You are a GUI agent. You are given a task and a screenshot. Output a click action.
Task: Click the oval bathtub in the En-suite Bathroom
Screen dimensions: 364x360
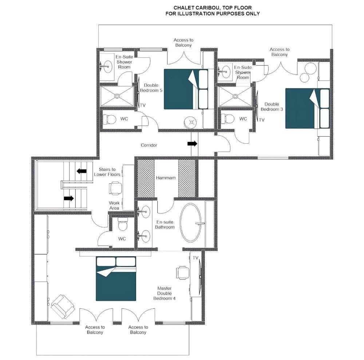(x=191, y=223)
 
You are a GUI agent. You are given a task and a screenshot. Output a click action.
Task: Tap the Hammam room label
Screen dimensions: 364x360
(x=166, y=178)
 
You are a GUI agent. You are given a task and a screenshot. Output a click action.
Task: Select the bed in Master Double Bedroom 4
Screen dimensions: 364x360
(x=116, y=279)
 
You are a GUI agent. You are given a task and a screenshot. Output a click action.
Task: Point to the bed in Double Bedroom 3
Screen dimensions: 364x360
(x=307, y=108)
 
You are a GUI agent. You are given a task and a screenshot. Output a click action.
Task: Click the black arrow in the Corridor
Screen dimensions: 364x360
(x=192, y=144)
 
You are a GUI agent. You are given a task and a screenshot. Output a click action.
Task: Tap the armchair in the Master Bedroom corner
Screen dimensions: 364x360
(x=63, y=306)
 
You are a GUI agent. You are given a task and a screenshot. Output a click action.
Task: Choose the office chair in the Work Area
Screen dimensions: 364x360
(x=115, y=188)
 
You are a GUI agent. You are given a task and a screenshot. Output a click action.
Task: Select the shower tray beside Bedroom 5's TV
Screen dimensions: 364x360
(x=117, y=96)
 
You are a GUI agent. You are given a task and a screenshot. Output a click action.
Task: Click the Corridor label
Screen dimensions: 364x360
(x=149, y=145)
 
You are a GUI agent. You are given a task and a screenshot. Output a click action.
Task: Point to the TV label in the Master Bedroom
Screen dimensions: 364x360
(x=195, y=258)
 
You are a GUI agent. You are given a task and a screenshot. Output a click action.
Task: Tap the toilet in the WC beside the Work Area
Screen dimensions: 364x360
(x=122, y=224)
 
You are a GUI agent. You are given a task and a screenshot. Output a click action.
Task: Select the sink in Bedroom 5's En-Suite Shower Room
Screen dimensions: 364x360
(x=107, y=67)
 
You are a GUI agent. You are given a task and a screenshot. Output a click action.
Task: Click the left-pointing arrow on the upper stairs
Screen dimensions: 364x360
(x=82, y=171)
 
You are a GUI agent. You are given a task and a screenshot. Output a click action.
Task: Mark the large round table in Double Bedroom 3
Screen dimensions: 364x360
(x=310, y=68)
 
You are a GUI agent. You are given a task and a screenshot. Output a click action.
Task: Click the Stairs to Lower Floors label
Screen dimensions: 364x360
(x=107, y=172)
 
